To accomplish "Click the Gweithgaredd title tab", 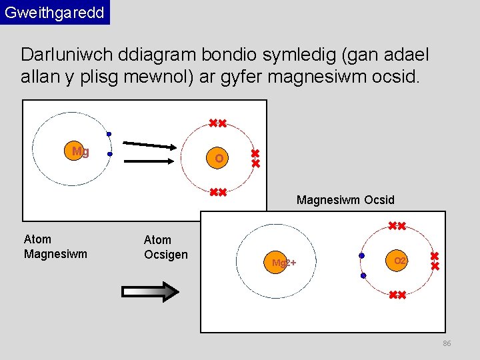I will click(x=55, y=13).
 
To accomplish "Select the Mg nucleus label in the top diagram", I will click(x=79, y=151).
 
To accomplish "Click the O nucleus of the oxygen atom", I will click(x=219, y=158).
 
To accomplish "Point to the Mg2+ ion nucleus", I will click(x=283, y=262).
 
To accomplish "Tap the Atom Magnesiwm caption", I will click(x=55, y=246).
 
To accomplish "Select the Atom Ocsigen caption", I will click(x=166, y=247).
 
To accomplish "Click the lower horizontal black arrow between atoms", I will click(x=151, y=160).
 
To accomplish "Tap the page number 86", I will click(x=447, y=343).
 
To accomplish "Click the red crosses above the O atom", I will click(x=217, y=123).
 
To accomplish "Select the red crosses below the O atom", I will click(x=217, y=193).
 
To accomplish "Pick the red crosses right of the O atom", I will click(x=255, y=158).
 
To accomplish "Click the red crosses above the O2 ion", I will click(x=397, y=226).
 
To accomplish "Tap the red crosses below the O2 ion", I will click(x=397, y=295).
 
